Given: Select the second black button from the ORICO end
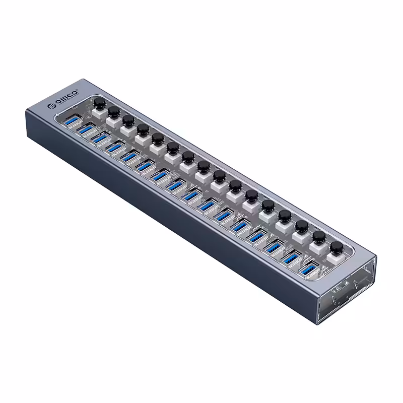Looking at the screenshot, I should (113, 111).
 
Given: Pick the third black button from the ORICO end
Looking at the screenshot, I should (128, 119).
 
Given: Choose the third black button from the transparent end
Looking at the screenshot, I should (301, 225).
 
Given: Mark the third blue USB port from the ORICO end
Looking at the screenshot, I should (101, 139).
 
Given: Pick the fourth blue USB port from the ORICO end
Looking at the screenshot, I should (116, 148).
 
